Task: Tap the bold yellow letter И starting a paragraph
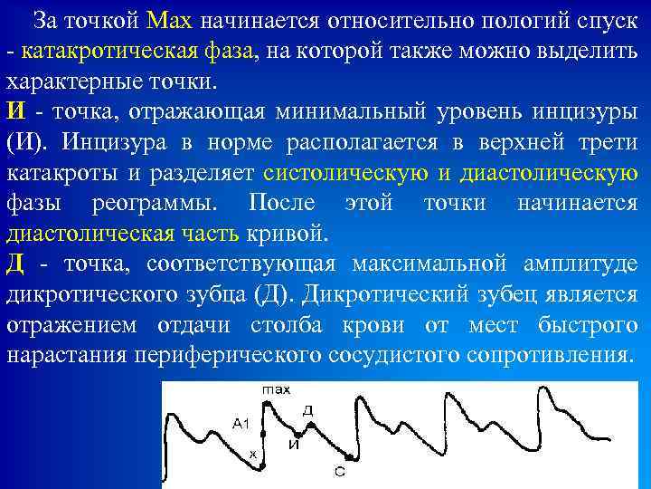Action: click(x=15, y=111)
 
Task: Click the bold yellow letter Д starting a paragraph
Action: click(x=15, y=264)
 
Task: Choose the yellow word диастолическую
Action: click(x=549, y=172)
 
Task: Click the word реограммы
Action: click(x=158, y=203)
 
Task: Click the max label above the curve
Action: click(x=276, y=390)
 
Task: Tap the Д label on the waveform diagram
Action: click(x=307, y=412)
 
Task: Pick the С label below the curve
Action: click(x=338, y=471)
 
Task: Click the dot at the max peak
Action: click(x=276, y=400)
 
